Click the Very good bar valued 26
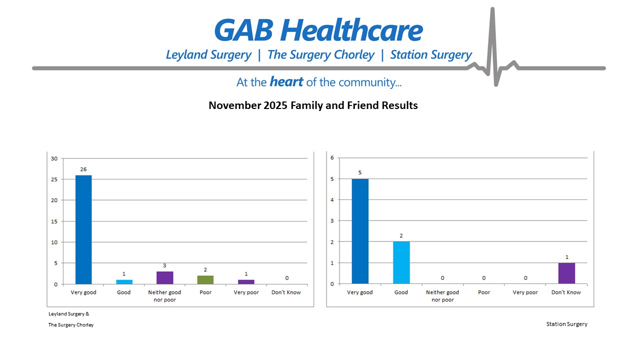83,229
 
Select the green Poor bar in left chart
205,280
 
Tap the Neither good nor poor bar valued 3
164,278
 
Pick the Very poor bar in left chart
246,282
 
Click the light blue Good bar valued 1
123,282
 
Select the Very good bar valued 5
360,231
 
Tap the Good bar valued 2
401,262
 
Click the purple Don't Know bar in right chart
567,273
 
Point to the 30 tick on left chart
54,158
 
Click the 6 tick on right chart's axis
331,158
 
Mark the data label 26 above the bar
83,169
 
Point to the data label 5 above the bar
359,172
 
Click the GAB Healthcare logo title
318,31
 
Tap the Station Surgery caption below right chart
566,324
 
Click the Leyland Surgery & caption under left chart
68,314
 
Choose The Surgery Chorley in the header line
320,55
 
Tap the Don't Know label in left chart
286,292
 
